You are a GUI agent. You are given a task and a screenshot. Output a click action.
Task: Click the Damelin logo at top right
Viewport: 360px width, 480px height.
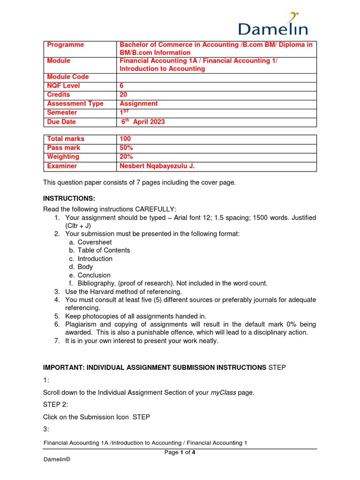(273, 24)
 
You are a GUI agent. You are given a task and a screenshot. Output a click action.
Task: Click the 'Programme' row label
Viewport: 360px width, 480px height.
(66, 45)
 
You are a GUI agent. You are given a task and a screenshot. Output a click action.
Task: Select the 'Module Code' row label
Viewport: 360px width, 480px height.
(68, 77)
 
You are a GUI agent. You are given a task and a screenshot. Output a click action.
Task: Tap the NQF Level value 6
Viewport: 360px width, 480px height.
(122, 86)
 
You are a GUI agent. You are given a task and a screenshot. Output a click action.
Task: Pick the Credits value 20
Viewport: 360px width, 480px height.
(124, 95)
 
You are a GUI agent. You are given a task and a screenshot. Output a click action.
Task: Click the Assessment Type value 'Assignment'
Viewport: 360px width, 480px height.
(139, 104)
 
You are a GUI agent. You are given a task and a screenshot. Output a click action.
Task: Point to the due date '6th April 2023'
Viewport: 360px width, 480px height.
(143, 122)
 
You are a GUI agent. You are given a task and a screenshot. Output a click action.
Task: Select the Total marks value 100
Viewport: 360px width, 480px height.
(126, 139)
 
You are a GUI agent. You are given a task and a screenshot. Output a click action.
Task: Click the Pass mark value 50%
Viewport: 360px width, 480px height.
(126, 148)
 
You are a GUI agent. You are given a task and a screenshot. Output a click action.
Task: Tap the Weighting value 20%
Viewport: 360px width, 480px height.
(126, 157)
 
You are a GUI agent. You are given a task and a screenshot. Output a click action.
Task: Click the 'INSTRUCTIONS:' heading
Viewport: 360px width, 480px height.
(69, 199)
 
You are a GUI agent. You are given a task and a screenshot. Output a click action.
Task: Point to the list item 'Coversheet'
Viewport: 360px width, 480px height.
(95, 242)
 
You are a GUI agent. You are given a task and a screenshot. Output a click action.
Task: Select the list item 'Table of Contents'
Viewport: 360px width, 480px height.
(104, 250)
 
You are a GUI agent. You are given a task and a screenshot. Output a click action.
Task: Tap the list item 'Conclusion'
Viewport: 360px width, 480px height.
(94, 275)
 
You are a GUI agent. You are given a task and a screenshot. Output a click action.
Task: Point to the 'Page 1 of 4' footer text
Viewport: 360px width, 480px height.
(180, 452)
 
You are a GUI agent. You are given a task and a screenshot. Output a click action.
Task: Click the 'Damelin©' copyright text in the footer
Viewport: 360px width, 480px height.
(57, 460)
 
